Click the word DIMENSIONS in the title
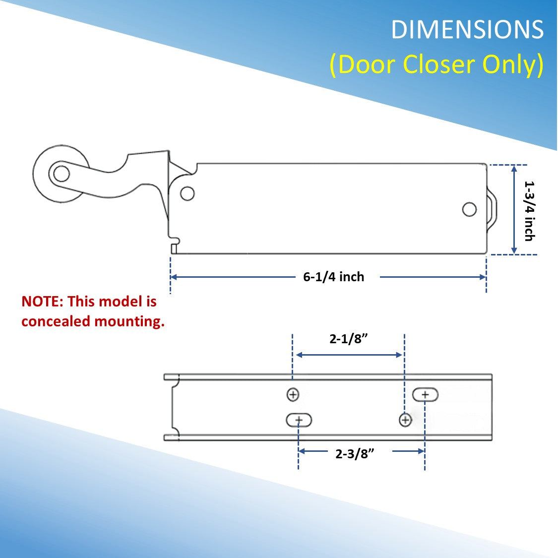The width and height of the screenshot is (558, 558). pos(467,30)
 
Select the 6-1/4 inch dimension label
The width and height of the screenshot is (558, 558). pos(333,277)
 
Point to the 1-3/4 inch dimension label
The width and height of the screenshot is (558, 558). pos(530,211)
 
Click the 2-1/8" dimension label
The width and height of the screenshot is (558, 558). pos(348,339)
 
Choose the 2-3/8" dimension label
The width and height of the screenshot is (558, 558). pos(355,454)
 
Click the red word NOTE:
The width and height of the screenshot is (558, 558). pos(42,302)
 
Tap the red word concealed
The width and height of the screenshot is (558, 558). pos(56,321)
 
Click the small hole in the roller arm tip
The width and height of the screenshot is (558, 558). pos(62,174)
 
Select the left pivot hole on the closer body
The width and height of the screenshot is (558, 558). pos(187,193)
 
